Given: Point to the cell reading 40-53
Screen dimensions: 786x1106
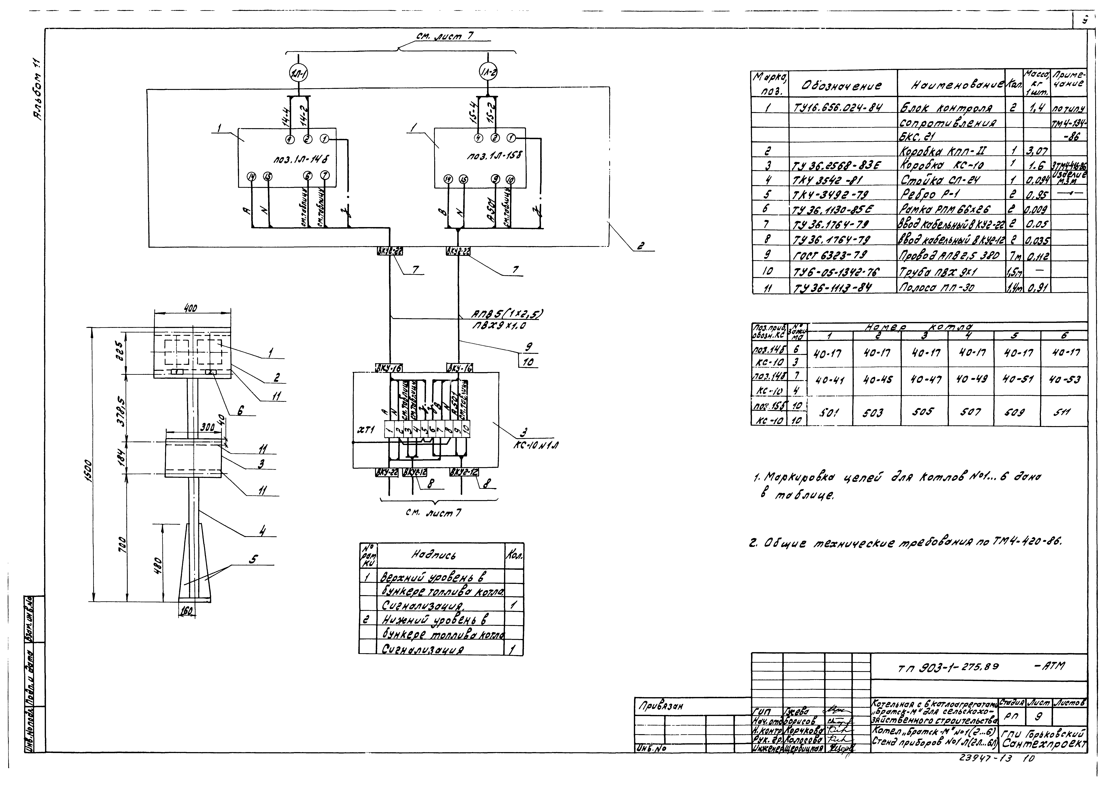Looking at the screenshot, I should (x=1063, y=380).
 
